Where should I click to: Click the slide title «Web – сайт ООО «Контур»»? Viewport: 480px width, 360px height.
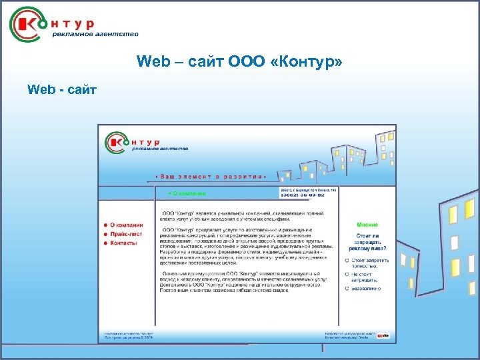(239, 62)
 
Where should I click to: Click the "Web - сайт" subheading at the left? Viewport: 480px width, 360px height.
(62, 89)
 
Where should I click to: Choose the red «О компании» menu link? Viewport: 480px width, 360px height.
(126, 225)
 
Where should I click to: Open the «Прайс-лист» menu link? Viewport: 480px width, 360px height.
(126, 235)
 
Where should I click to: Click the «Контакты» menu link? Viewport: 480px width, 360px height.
(123, 243)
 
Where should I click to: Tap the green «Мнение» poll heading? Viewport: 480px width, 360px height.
(367, 225)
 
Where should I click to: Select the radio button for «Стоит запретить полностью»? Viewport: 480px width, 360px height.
(347, 259)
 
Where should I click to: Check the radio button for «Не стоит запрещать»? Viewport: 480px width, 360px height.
(347, 274)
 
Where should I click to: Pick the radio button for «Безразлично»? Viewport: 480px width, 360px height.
(347, 289)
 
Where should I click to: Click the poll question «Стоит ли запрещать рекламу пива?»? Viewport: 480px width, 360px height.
(371, 243)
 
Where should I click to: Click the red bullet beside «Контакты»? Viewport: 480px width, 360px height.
(105, 243)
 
